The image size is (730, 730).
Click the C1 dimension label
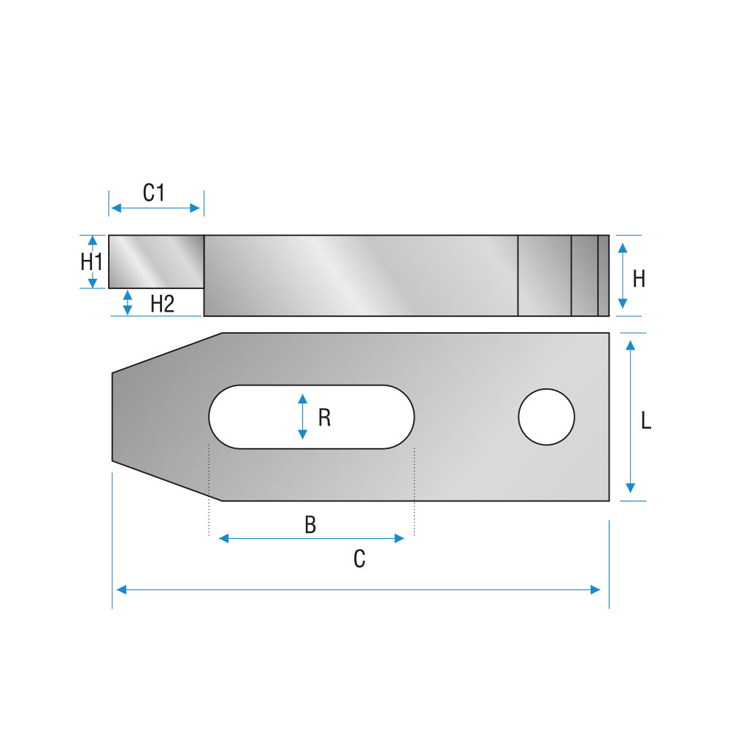coord(153,193)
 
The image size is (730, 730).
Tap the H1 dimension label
coord(91,261)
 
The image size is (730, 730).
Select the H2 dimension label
coord(163,304)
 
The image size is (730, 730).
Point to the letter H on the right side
coord(639,279)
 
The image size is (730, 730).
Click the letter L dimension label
coord(646,420)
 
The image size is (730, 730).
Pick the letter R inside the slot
coord(325,418)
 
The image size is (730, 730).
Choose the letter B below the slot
coord(310,525)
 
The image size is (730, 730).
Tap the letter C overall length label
coord(359,558)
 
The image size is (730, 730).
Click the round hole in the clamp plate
coord(547,417)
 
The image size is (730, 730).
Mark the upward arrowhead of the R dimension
coord(303,399)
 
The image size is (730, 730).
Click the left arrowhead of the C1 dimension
coord(116,208)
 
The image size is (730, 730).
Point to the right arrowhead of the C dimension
coord(596,590)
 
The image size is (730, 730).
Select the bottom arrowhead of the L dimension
coord(631,488)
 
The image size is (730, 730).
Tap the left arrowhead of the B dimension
coord(223,539)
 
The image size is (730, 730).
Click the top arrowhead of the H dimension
coord(623,247)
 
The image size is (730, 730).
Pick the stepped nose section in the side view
coord(156,261)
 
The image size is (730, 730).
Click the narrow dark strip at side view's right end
coord(604,276)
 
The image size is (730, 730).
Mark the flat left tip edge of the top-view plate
coord(112,417)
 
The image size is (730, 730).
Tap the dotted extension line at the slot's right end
coord(415,491)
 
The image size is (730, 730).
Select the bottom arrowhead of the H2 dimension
coord(127,310)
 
